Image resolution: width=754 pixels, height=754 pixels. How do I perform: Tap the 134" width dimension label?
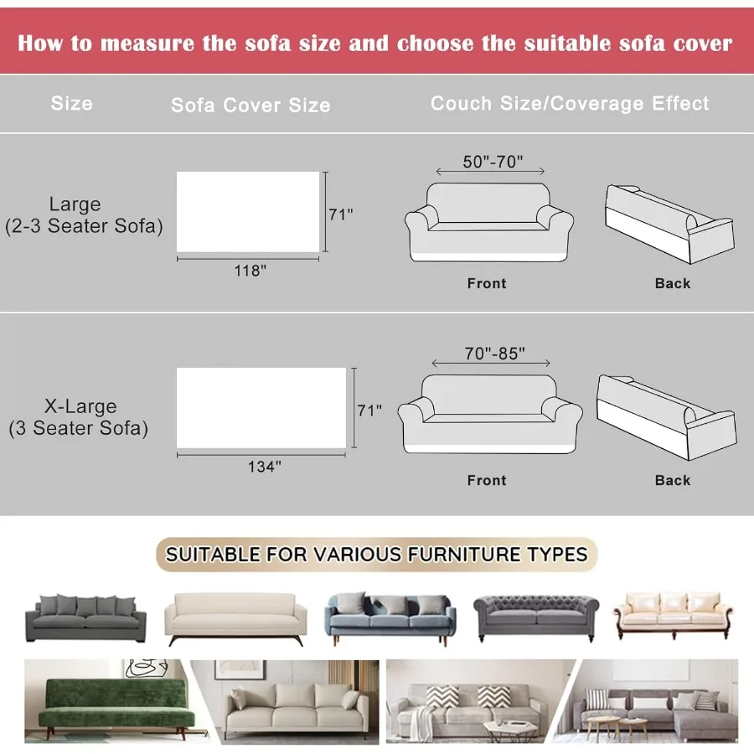(262, 467)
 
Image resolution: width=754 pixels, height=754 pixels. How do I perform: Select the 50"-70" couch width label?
(493, 162)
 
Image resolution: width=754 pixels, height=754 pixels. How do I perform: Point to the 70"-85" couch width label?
(495, 354)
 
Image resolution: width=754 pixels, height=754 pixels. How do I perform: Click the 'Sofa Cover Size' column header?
(250, 106)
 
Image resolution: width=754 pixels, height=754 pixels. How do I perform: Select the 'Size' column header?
(71, 104)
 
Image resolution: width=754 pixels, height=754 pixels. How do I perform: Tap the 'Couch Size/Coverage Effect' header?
(570, 104)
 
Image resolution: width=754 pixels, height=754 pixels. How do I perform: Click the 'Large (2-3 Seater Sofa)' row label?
(83, 215)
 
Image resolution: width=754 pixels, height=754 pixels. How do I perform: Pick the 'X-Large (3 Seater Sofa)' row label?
(79, 417)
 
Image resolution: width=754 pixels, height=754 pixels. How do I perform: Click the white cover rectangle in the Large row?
(248, 211)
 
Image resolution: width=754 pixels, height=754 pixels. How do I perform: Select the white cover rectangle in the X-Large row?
(261, 407)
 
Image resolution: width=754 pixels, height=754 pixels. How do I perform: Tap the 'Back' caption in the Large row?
(673, 283)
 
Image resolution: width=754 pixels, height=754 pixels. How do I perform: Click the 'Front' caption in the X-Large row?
(487, 480)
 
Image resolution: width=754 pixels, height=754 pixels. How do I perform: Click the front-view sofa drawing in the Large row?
(489, 222)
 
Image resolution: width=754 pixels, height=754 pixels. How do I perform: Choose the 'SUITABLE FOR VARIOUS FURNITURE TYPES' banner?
(377, 554)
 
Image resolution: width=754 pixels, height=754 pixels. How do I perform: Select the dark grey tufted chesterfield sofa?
(537, 618)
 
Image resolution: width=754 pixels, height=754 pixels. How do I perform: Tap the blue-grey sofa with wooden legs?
(390, 618)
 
